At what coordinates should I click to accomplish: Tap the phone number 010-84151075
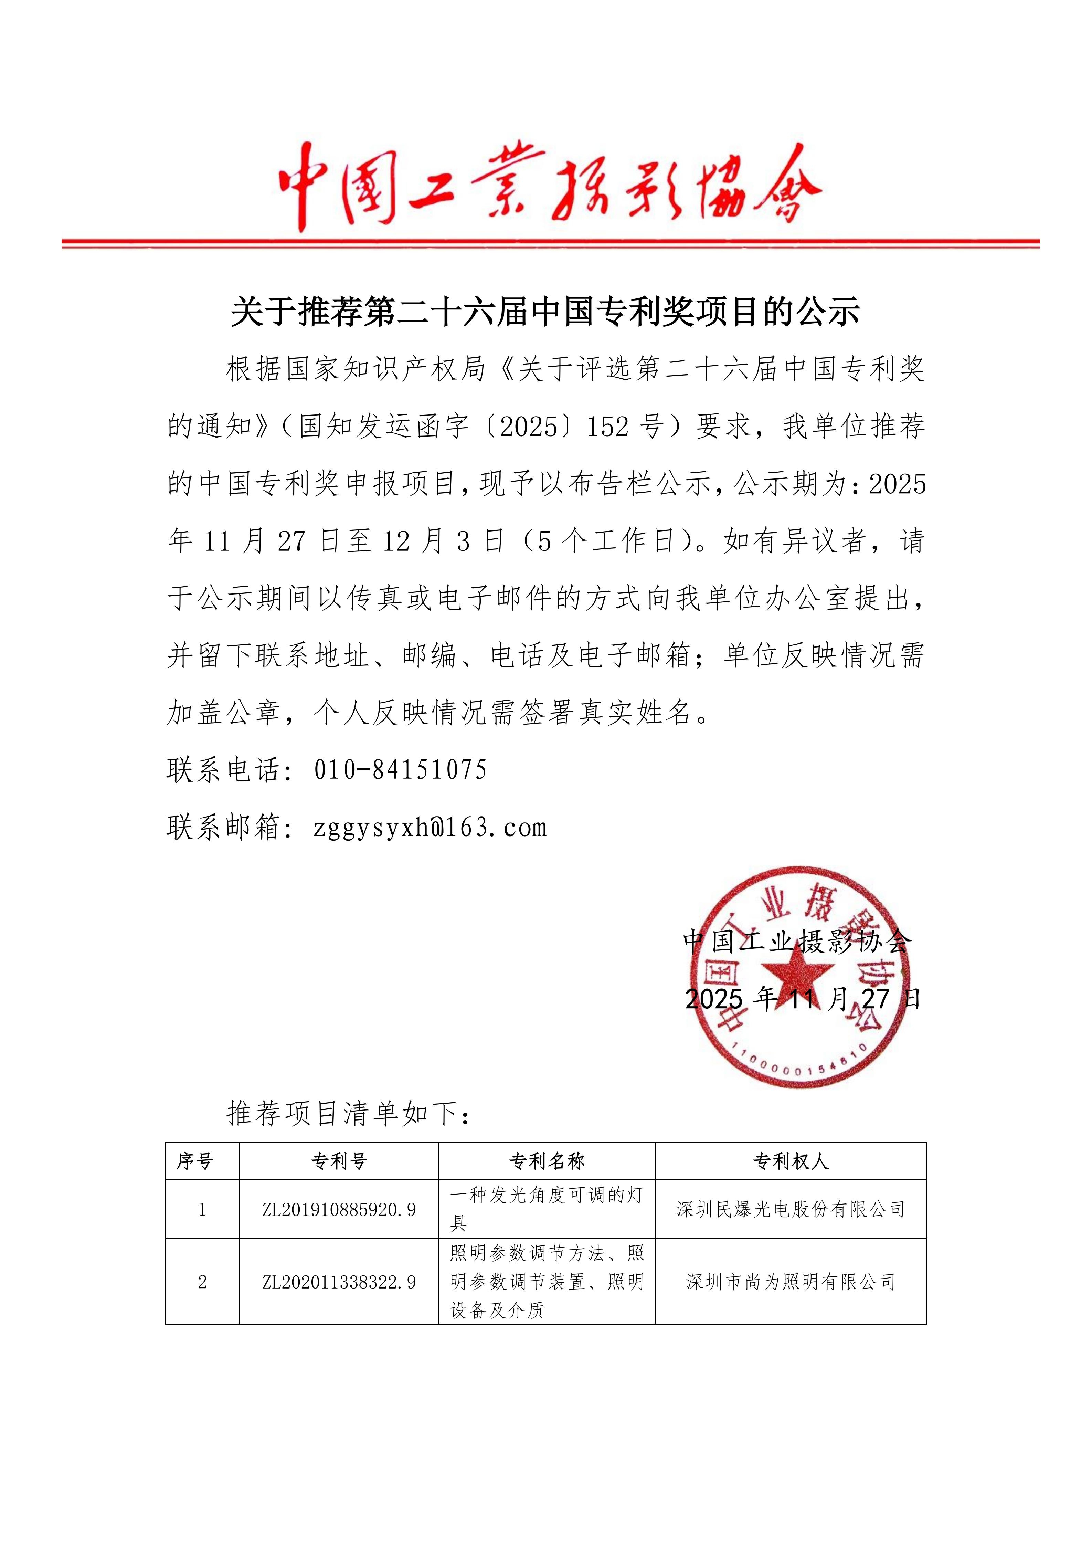(400, 770)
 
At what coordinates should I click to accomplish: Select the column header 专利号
(339, 1161)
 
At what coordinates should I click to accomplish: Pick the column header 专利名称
(547, 1161)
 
